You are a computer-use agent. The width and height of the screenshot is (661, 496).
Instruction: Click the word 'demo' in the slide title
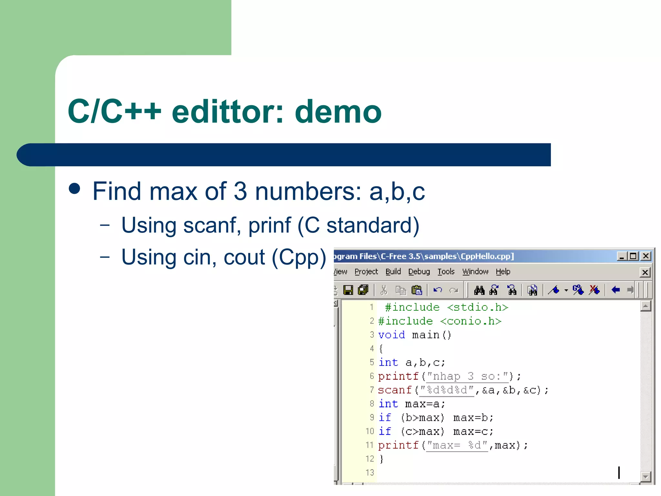pos(338,112)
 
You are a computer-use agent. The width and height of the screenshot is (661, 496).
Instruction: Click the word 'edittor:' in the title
pos(228,112)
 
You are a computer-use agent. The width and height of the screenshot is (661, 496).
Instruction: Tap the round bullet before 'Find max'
pos(75,189)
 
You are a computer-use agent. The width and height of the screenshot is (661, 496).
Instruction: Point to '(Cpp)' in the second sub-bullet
pos(299,257)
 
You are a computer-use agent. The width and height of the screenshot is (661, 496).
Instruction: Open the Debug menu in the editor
pos(419,272)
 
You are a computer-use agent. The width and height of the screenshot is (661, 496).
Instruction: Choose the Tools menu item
pos(446,272)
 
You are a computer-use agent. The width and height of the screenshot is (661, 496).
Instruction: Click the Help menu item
pos(503,272)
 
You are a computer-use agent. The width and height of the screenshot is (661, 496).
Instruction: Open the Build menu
pos(393,272)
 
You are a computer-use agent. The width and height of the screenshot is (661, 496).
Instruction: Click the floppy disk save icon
pos(348,290)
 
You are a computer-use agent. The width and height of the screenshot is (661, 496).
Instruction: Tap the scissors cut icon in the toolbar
pos(383,290)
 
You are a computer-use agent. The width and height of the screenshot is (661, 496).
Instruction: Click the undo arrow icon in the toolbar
pos(438,290)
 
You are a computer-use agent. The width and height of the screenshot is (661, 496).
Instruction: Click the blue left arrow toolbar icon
pos(615,290)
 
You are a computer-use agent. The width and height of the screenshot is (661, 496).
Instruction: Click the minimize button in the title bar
pos(621,256)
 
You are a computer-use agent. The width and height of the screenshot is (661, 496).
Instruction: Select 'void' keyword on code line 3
pos(392,335)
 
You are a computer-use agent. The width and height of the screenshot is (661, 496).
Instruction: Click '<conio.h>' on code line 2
pos(471,321)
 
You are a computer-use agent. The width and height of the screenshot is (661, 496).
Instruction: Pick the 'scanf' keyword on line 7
pos(395,390)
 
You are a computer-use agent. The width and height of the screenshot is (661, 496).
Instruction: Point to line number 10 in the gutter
pos(370,431)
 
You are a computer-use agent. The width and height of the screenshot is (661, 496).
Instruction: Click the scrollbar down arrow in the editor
pos(645,476)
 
